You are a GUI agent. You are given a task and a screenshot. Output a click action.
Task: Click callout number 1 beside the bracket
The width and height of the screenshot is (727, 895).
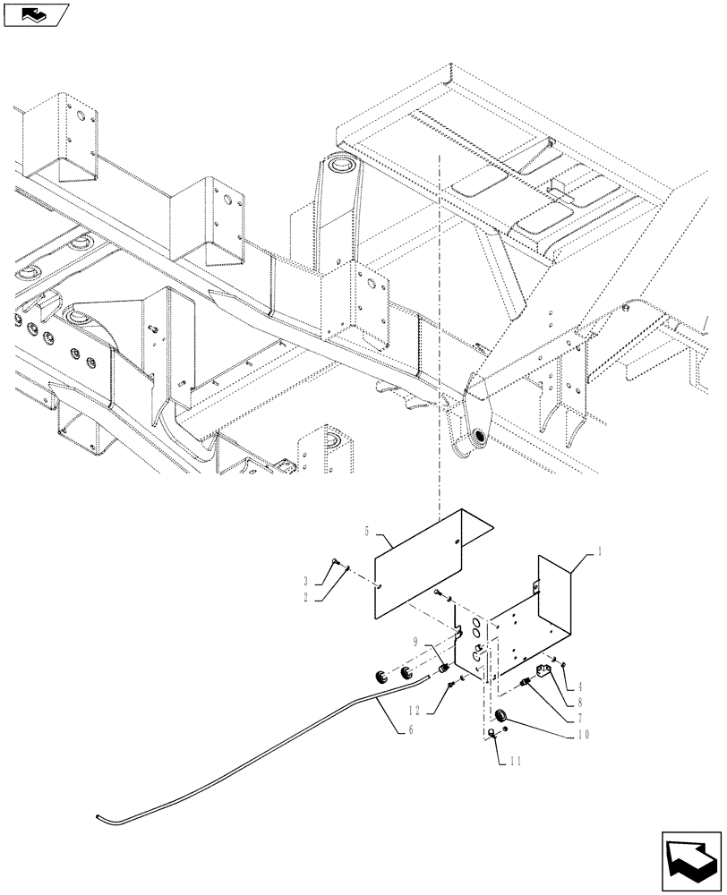point(599,555)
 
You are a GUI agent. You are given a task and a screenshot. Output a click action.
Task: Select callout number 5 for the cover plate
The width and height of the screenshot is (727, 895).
point(368,532)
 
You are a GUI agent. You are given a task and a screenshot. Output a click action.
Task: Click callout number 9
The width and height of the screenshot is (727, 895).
point(416,642)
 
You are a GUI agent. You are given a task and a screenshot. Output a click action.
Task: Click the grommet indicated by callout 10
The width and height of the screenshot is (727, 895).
point(502,718)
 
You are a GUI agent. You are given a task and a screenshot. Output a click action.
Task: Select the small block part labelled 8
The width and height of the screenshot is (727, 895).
point(543,671)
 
